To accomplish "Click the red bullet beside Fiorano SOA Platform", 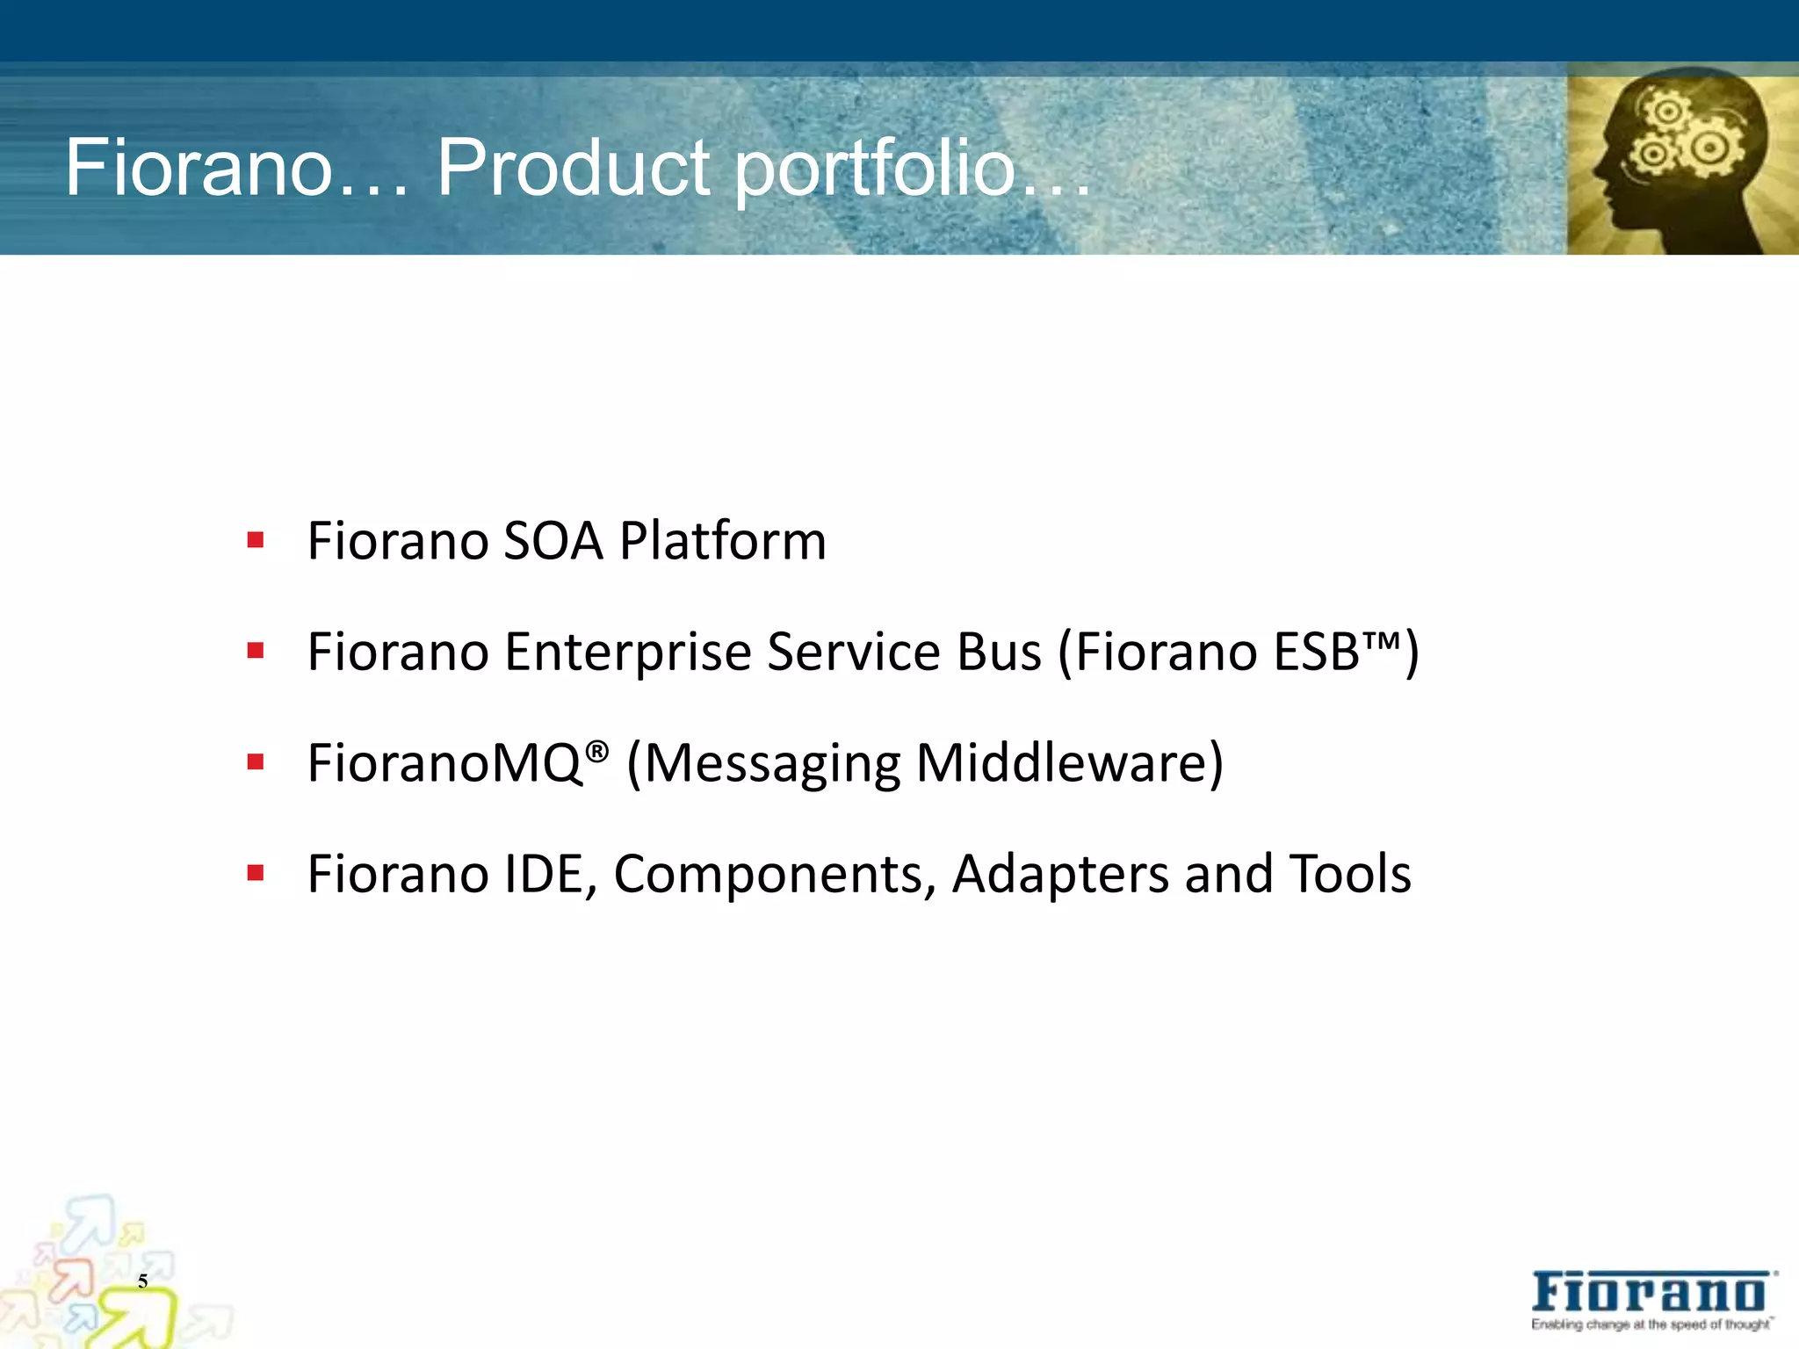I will (256, 539).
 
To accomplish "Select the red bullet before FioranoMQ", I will (256, 761).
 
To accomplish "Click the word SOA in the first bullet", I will (553, 540).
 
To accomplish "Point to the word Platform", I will (722, 540).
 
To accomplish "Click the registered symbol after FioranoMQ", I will (596, 750).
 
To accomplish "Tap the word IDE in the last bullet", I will (545, 874).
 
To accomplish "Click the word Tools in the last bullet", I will (1350, 874).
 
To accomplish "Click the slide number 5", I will (142, 1281).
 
